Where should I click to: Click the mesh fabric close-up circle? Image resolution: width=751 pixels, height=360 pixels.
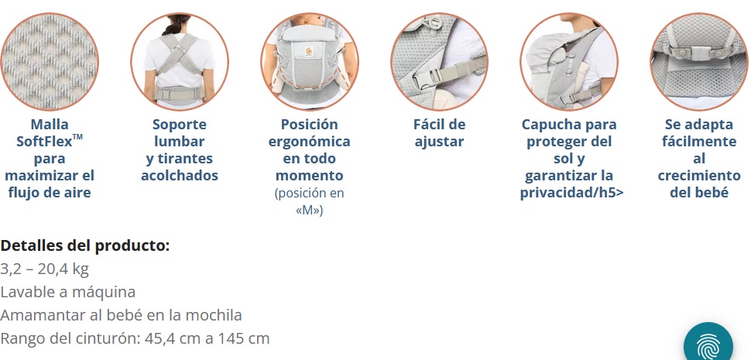tap(50, 62)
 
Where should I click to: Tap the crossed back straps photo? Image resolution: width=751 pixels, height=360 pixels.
tap(180, 62)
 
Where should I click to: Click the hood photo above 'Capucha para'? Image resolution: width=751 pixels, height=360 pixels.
tap(569, 62)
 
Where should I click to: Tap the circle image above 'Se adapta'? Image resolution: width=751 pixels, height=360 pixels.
tap(699, 62)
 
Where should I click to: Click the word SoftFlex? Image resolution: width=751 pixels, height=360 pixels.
tap(45, 142)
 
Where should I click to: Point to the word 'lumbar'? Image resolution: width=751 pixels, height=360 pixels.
tap(180, 142)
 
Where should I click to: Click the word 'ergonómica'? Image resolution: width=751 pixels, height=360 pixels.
tap(309, 142)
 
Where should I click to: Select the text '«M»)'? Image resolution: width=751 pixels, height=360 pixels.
tap(310, 210)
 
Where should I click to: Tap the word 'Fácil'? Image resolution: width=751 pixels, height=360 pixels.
tap(429, 125)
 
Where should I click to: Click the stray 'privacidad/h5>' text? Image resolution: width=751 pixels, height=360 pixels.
tap(572, 193)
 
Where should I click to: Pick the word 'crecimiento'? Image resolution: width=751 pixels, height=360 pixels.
tap(699, 176)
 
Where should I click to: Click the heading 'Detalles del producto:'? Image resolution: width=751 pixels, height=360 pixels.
tap(85, 245)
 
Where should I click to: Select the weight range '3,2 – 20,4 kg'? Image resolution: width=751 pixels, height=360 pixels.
tap(45, 269)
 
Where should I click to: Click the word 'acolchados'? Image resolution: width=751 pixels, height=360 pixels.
tap(180, 176)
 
